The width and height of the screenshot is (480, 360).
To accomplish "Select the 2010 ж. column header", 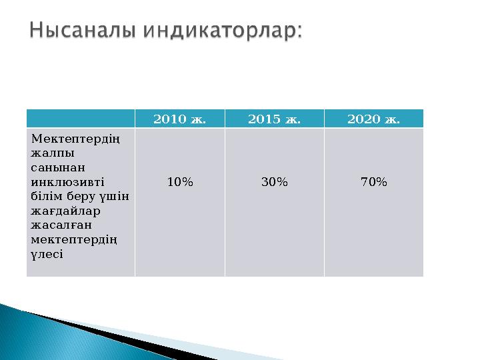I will [x=179, y=119].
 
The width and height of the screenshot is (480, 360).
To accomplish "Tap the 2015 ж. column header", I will [x=274, y=119].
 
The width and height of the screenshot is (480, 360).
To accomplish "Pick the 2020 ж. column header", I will [x=373, y=119].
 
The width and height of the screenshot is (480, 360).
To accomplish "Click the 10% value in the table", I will [x=179, y=181].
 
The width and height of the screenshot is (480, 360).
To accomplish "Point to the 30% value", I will [x=274, y=181].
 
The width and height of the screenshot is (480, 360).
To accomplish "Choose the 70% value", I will [x=373, y=181].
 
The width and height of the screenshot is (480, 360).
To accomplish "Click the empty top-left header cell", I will [x=81, y=119].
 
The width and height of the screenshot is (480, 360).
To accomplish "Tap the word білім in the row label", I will [x=45, y=197].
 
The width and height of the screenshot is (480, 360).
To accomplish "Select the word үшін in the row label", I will [x=115, y=197].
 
